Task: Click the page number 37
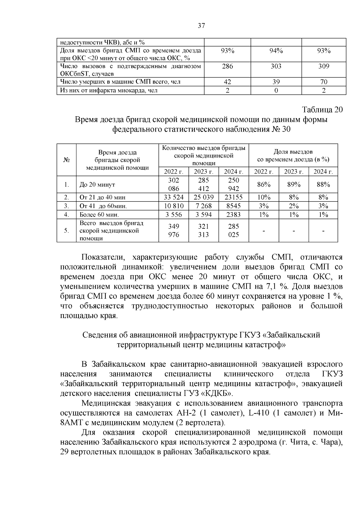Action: click(x=201, y=26)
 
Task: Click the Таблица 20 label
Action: click(x=322, y=110)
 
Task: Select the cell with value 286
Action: click(x=227, y=66)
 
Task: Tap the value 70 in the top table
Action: click(x=324, y=82)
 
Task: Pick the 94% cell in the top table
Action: click(x=276, y=51)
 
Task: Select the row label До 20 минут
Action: click(x=97, y=185)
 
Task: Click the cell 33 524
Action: click(x=173, y=198)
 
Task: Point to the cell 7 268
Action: click(x=203, y=206)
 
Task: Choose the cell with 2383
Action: click(x=233, y=215)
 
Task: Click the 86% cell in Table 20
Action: click(x=264, y=185)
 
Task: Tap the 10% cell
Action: click(x=264, y=198)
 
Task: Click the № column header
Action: click(x=67, y=160)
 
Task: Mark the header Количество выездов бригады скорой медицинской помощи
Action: click(x=204, y=156)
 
